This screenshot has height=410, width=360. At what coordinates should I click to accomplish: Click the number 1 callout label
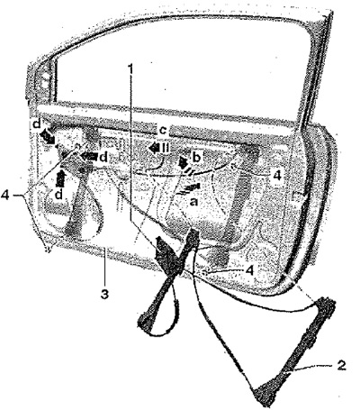tap(130, 68)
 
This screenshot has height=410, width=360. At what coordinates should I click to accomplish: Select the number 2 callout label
tap(341, 366)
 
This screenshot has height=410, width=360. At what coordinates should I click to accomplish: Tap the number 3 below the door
tap(104, 294)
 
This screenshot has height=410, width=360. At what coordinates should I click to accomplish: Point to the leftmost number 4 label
tap(5, 196)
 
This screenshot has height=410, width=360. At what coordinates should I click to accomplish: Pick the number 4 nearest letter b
tap(277, 175)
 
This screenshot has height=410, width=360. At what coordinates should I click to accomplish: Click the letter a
tap(193, 202)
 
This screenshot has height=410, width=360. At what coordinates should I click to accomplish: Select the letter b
tap(196, 158)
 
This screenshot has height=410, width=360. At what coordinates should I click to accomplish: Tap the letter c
tap(162, 131)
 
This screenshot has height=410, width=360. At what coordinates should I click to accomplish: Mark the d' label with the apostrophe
tap(37, 124)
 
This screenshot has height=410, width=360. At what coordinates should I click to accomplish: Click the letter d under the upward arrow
tap(59, 195)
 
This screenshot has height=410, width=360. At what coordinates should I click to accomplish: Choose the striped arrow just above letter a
tap(188, 189)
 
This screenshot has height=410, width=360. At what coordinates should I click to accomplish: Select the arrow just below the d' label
tap(47, 137)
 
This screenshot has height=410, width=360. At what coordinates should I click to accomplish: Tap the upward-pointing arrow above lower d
tap(61, 179)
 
